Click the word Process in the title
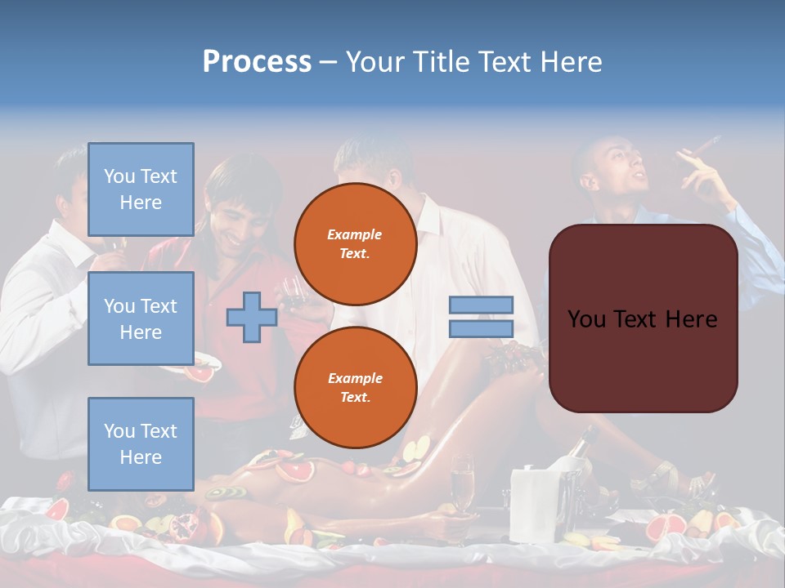(257, 62)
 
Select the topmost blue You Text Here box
(141, 190)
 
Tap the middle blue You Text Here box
(141, 318)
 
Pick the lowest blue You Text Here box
(141, 443)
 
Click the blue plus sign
(251, 318)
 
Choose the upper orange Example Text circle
(355, 244)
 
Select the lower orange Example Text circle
(355, 387)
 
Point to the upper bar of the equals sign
(481, 305)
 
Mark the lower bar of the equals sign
(481, 329)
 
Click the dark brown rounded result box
(643, 318)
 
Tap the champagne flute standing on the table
(462, 482)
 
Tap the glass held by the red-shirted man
(291, 289)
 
